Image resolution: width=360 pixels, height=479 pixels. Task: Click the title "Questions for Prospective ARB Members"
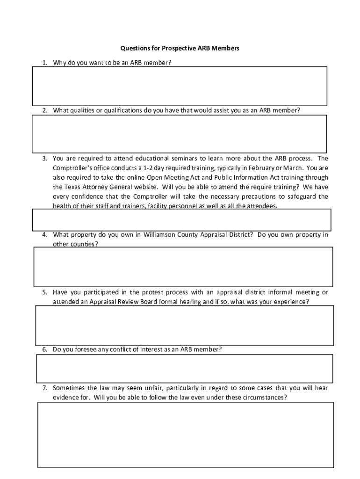click(x=180, y=48)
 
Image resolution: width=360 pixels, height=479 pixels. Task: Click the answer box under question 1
click(x=180, y=86)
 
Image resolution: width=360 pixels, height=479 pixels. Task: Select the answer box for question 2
click(x=180, y=134)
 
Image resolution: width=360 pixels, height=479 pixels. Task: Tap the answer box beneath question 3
click(x=181, y=220)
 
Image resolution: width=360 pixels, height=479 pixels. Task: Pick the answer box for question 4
click(x=183, y=267)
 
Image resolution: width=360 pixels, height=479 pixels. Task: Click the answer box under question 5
click(x=185, y=326)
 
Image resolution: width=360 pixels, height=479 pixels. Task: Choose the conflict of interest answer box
click(x=185, y=369)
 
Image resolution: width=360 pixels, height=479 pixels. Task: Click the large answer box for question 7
click(x=186, y=435)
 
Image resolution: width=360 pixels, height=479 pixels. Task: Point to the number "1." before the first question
click(x=45, y=63)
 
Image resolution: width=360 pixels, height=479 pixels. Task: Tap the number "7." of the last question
click(x=45, y=388)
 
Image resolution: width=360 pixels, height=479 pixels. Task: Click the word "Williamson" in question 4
click(x=160, y=235)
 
